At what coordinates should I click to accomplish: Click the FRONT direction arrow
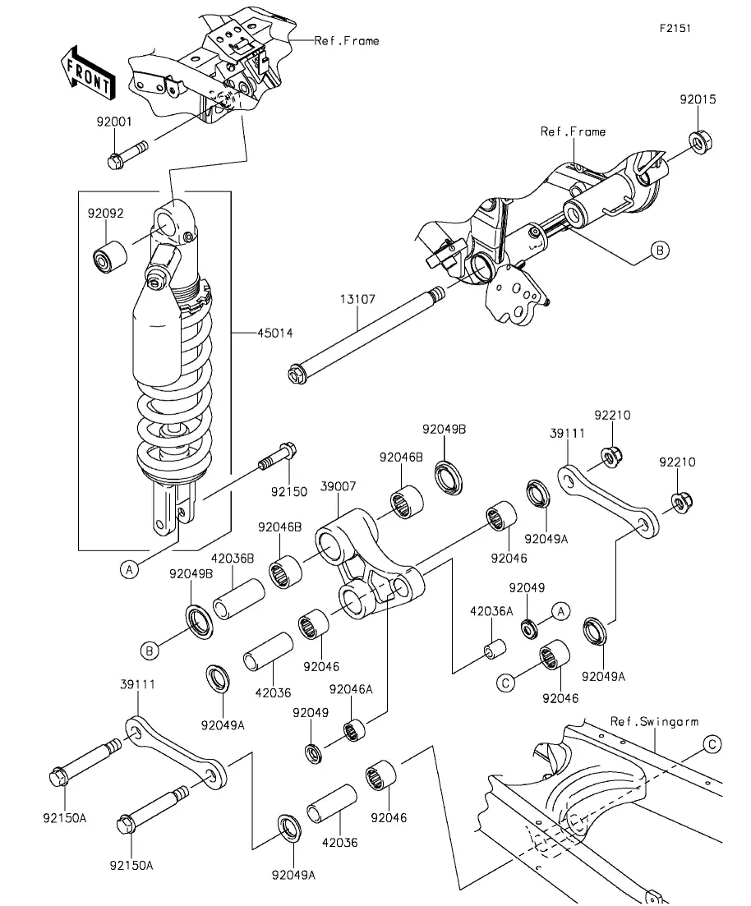pyautogui.click(x=87, y=71)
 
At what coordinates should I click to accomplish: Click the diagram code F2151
pyautogui.click(x=675, y=28)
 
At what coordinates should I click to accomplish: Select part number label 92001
pyautogui.click(x=114, y=122)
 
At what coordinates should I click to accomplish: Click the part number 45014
pyautogui.click(x=274, y=333)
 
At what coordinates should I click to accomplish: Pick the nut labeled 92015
pyautogui.click(x=701, y=141)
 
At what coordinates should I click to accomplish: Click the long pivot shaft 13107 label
pyautogui.click(x=357, y=299)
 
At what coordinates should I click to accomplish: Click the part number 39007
pyautogui.click(x=339, y=486)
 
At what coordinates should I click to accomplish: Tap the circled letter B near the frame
pyautogui.click(x=660, y=251)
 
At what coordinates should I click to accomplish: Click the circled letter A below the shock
pyautogui.click(x=130, y=570)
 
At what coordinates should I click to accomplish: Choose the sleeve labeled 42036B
pyautogui.click(x=239, y=599)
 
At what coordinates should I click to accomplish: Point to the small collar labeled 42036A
pyautogui.click(x=495, y=648)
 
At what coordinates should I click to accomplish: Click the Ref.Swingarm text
pyautogui.click(x=654, y=722)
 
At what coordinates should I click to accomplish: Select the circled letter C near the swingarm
pyautogui.click(x=712, y=744)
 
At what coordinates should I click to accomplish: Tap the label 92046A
pyautogui.click(x=351, y=689)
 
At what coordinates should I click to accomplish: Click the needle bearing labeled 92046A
pyautogui.click(x=354, y=729)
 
